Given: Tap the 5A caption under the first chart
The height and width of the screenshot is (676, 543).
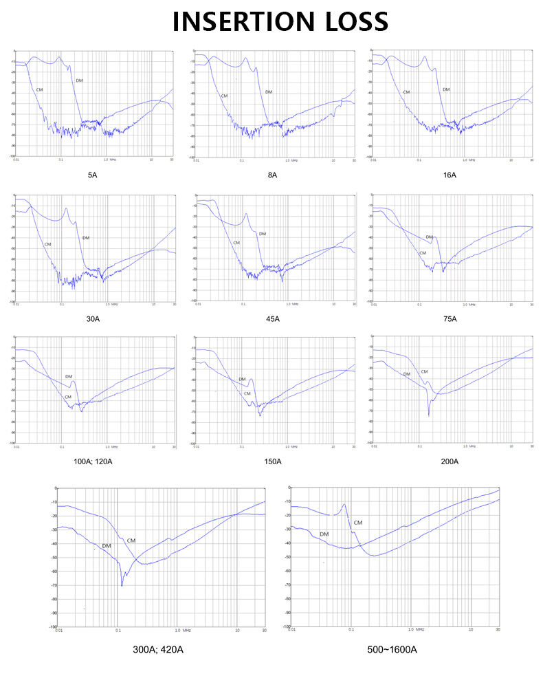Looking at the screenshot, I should click(x=92, y=175).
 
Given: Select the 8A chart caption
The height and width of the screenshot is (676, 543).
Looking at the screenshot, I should click(x=272, y=175).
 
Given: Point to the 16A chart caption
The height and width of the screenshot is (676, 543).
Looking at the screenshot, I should click(x=450, y=175).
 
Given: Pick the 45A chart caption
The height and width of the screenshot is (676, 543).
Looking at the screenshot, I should click(x=272, y=319).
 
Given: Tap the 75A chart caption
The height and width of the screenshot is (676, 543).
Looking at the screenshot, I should click(x=450, y=319).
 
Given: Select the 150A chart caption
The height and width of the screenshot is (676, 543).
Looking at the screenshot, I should click(x=272, y=461).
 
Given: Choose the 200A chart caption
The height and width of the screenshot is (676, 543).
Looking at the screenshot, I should click(x=450, y=461).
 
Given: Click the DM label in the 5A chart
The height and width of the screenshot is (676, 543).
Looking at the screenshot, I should click(x=79, y=81).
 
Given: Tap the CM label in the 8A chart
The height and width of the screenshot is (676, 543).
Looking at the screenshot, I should click(x=224, y=96).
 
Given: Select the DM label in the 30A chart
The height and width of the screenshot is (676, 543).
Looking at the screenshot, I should click(x=86, y=238).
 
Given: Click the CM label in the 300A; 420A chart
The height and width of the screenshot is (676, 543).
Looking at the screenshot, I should click(x=131, y=541).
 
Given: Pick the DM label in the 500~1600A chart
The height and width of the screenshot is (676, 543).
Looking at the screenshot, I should click(x=324, y=534).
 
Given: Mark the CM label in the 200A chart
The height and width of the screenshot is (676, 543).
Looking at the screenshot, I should click(x=424, y=372).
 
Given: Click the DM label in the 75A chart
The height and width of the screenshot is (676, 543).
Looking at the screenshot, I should click(x=429, y=237).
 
